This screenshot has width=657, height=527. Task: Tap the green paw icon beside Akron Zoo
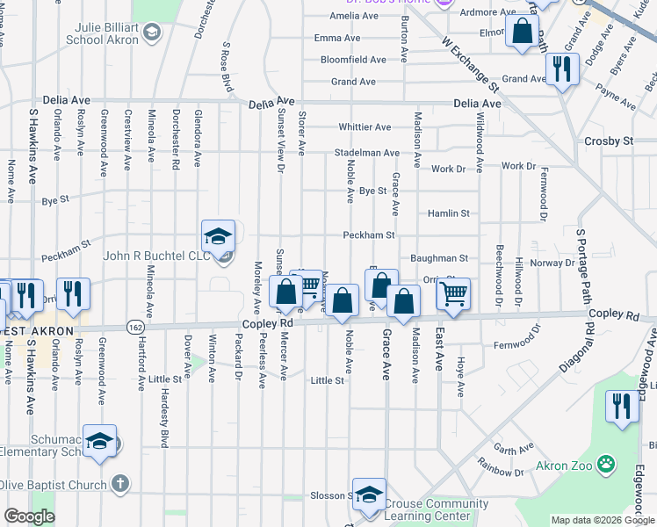pyautogui.click(x=604, y=463)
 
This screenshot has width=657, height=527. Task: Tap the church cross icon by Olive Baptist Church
pyautogui.click(x=120, y=484)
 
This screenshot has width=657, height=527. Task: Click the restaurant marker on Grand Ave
pyautogui.click(x=562, y=68)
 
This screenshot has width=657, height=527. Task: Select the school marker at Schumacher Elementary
pyautogui.click(x=100, y=441)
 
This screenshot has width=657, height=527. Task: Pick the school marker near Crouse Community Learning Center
pyautogui.click(x=370, y=494)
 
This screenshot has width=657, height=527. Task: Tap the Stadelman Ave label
pyautogui.click(x=366, y=152)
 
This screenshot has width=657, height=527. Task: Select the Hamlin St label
pyautogui.click(x=449, y=213)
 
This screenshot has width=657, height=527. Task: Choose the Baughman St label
pyautogui.click(x=439, y=258)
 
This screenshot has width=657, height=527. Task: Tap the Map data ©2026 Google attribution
pyautogui.click(x=602, y=520)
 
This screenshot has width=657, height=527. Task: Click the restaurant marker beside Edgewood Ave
pyautogui.click(x=623, y=407)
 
